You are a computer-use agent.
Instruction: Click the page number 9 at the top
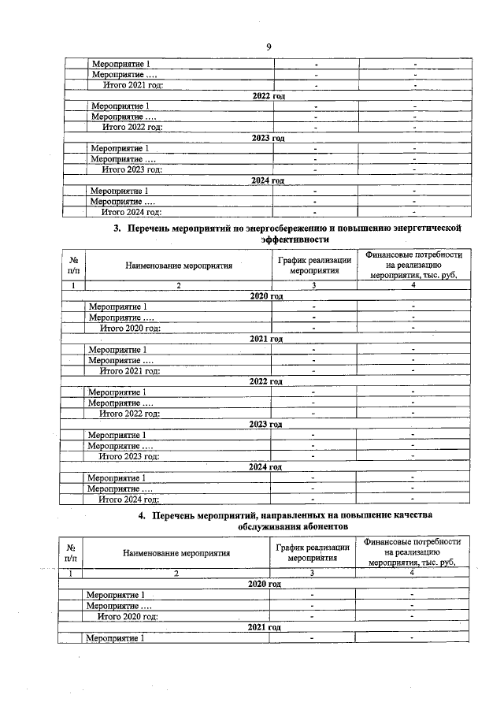coord(268,47)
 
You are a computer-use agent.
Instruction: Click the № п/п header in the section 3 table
coord(73,265)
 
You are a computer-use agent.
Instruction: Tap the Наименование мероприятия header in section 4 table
coord(176,552)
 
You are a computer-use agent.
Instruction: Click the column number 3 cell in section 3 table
coord(313,285)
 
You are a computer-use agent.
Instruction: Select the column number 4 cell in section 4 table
coord(412,573)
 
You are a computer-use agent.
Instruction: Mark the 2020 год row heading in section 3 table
coord(265,296)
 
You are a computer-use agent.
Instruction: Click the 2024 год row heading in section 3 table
coord(265,467)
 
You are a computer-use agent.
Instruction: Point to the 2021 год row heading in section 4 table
coord(265,627)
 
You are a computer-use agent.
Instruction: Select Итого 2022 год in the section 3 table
coord(130,414)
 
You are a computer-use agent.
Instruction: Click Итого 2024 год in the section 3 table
coord(129,499)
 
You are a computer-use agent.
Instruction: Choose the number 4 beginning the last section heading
coord(142,514)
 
